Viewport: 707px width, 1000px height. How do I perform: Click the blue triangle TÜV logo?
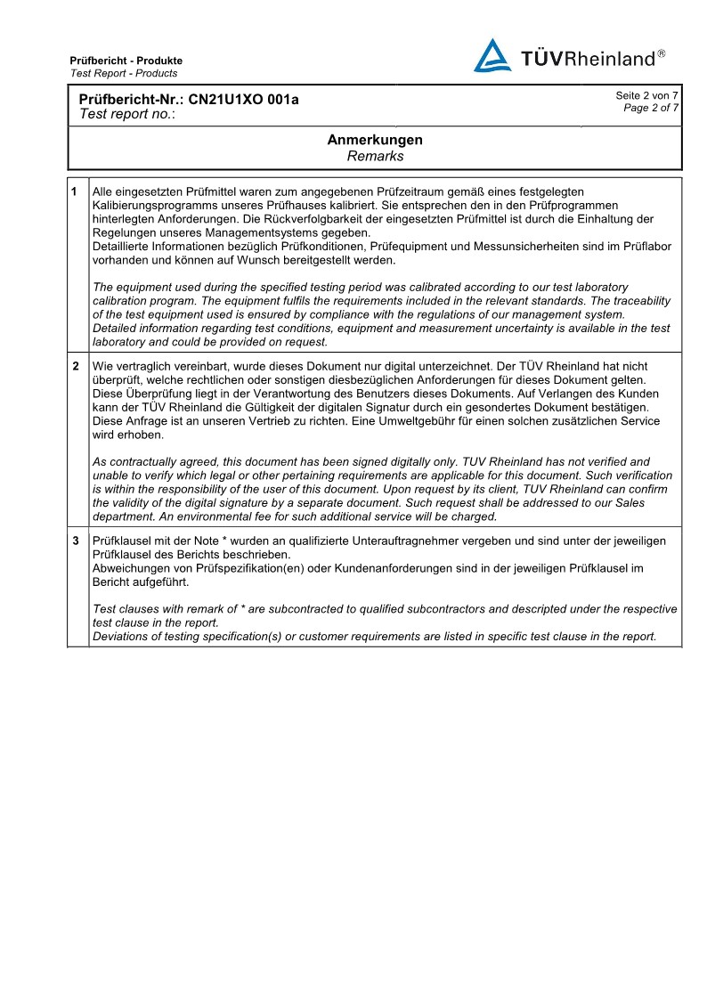tap(492, 56)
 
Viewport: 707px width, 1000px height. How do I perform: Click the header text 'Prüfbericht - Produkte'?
tap(126, 61)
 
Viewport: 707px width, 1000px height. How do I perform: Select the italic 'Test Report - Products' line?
tap(124, 73)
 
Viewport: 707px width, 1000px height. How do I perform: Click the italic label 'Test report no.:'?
tap(127, 114)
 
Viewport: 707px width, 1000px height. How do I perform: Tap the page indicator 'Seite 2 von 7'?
tap(646, 95)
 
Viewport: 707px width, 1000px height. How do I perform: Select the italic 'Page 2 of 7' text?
tap(651, 108)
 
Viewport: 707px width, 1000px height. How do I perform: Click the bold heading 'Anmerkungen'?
tap(375, 140)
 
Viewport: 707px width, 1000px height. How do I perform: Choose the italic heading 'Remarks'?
tap(375, 156)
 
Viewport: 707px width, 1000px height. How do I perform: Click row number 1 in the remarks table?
tap(75, 191)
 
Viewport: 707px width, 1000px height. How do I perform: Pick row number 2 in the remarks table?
tap(75, 366)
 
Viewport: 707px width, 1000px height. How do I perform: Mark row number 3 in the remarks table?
tap(75, 541)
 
